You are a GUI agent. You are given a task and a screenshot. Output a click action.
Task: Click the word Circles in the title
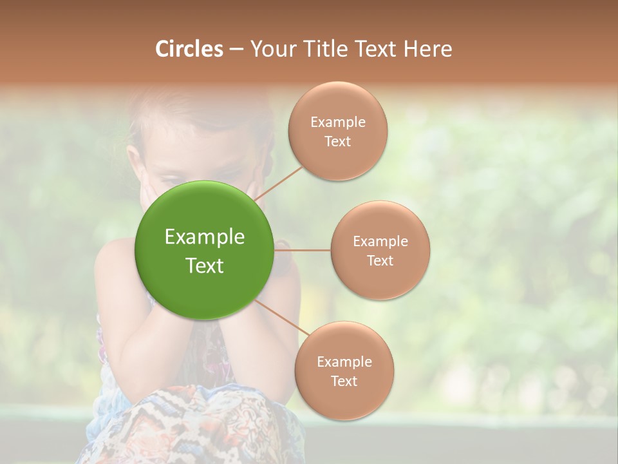[189, 49]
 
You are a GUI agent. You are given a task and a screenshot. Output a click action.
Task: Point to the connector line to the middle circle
[303, 250]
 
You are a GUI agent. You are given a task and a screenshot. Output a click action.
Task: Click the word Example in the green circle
[204, 237]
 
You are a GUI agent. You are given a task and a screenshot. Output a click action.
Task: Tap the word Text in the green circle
[204, 266]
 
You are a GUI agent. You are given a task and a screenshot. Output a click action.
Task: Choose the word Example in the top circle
[337, 122]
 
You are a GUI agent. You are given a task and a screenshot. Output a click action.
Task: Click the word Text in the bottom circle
[344, 381]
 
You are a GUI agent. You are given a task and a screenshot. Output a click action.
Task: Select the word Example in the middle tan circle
[380, 242]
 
